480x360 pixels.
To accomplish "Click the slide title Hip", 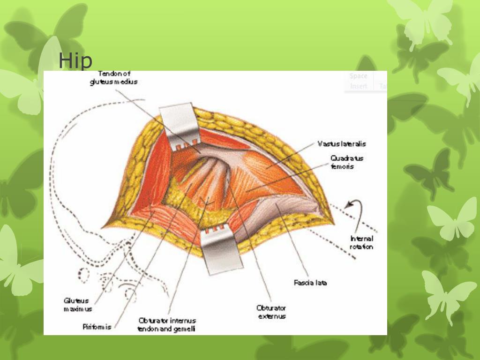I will tap(75, 60).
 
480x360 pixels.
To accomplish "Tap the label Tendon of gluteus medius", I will tap(114, 78).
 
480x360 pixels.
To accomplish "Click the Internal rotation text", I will tap(361, 243).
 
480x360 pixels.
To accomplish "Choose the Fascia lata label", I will tap(310, 283).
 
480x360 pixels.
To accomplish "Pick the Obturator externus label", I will tap(271, 312).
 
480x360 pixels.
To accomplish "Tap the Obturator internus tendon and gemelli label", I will tap(167, 324).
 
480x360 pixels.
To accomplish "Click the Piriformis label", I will tap(97, 327).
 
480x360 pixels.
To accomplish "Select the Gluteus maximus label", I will tap(78, 305).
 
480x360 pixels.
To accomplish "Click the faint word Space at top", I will tap(359, 76).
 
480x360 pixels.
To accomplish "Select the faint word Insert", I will tap(359, 86).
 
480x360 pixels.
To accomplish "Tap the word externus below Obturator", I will tap(272, 316).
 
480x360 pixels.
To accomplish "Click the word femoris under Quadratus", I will tap(342, 166).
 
